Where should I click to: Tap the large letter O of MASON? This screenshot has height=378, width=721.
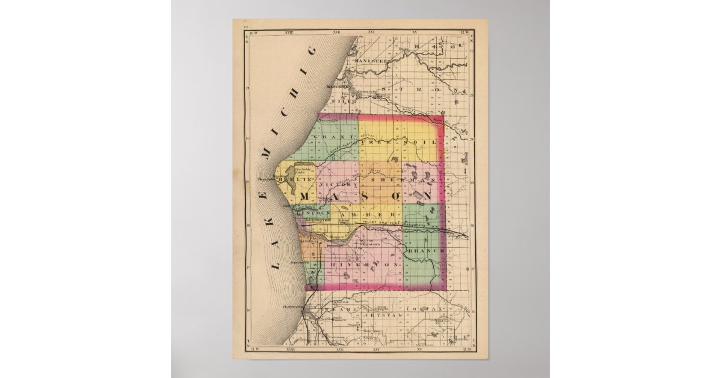click(396, 197)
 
